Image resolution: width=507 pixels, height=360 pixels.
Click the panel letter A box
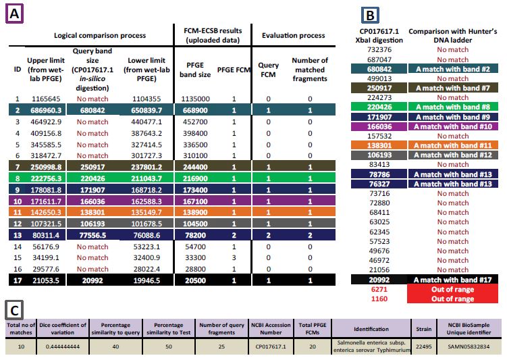click(x=15, y=14)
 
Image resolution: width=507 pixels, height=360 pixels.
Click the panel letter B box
click(x=370, y=16)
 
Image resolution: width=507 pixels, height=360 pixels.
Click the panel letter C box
click(x=14, y=310)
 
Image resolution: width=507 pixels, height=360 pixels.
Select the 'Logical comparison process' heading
click(x=100, y=35)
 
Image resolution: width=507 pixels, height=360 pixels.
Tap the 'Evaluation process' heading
click(x=293, y=35)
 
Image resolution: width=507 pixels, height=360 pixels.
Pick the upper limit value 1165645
click(x=46, y=99)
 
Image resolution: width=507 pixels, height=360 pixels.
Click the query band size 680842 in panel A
click(x=92, y=110)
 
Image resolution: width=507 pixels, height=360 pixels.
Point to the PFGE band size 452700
click(x=195, y=122)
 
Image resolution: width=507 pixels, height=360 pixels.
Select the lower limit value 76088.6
click(x=146, y=235)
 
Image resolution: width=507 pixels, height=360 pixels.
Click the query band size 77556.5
click(x=92, y=235)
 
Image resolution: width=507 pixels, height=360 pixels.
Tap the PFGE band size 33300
click(x=195, y=258)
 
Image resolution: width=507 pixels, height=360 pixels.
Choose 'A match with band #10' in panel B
click(x=453, y=126)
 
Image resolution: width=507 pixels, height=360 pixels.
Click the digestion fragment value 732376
click(x=379, y=49)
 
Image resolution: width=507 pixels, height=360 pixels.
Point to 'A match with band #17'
click(x=453, y=280)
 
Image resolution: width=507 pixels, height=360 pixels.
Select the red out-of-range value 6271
click(x=379, y=289)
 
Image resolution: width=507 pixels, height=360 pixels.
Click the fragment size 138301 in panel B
click(x=379, y=145)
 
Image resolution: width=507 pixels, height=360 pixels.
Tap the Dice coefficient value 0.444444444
click(x=62, y=346)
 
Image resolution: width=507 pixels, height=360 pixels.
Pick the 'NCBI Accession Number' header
click(x=271, y=329)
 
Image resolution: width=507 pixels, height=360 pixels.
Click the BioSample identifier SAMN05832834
click(x=469, y=346)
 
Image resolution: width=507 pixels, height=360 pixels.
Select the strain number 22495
click(x=423, y=346)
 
